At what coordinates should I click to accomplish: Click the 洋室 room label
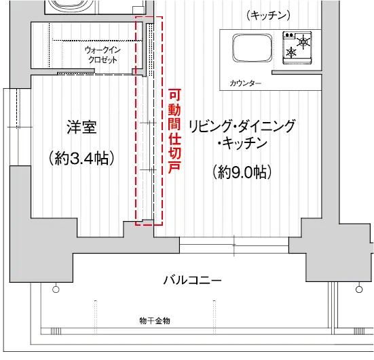tap(81, 127)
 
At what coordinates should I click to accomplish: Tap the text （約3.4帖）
tap(81, 158)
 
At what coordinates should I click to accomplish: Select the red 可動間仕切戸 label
tap(175, 132)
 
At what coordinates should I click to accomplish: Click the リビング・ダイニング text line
tap(242, 126)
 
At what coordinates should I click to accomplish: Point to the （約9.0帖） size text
tap(242, 172)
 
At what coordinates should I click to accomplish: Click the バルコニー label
tap(192, 280)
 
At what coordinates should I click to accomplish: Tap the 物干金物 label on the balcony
tap(155, 321)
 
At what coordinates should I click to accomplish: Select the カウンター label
tap(245, 83)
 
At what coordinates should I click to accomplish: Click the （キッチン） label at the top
tap(268, 16)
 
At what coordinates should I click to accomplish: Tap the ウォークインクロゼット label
tap(102, 55)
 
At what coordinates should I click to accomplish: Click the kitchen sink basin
tap(252, 48)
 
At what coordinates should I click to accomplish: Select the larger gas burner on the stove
tap(303, 42)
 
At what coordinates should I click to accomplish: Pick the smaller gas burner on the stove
tap(291, 52)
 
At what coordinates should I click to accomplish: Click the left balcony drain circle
tap(56, 289)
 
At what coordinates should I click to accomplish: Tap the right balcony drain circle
tap(359, 289)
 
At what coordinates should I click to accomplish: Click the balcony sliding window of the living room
tap(234, 245)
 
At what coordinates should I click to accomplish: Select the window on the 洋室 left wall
tap(18, 127)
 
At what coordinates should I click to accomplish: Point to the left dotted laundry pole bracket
tap(95, 315)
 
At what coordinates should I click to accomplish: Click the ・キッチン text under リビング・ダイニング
tap(242, 144)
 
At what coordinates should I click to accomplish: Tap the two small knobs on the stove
tap(289, 35)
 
